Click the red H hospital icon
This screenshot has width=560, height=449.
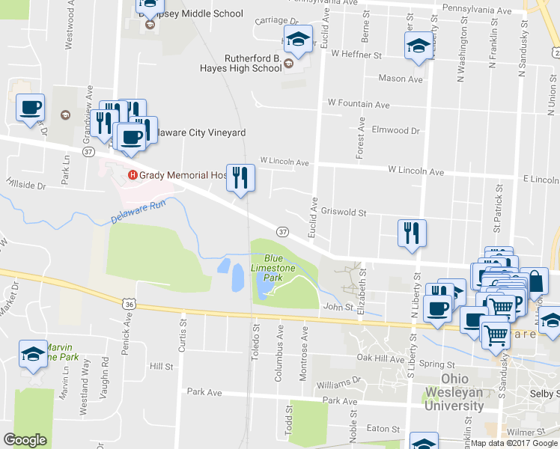click(x=133, y=175)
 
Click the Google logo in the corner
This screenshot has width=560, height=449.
click(x=25, y=440)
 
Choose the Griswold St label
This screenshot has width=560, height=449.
click(x=343, y=212)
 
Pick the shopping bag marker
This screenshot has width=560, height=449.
click(x=534, y=281)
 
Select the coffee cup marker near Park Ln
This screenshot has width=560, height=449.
click(x=30, y=106)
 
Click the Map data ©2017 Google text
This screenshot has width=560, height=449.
click(x=514, y=443)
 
